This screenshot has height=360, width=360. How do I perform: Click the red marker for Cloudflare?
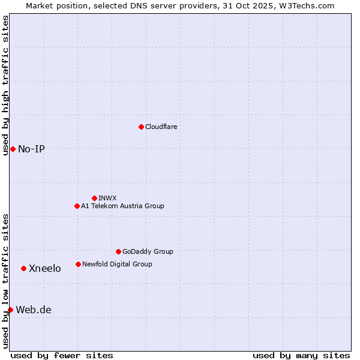(x=141, y=127)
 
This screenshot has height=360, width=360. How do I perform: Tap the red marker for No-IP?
(x=13, y=149)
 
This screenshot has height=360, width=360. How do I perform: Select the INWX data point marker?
(x=94, y=198)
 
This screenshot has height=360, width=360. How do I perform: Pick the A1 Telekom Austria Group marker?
(x=77, y=206)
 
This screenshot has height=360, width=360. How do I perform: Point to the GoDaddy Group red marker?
(x=118, y=251)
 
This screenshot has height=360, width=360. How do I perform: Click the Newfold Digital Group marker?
(x=78, y=264)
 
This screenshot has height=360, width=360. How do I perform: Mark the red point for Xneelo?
(x=23, y=268)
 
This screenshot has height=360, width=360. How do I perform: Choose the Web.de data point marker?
(x=10, y=310)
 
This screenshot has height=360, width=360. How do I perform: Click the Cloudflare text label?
(x=161, y=127)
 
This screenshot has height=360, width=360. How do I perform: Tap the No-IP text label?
(x=31, y=149)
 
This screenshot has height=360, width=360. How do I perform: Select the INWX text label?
(x=107, y=198)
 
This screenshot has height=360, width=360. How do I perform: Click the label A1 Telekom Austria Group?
(x=122, y=206)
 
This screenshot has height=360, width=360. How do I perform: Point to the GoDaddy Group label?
(x=148, y=251)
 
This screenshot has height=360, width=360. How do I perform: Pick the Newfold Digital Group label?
(x=117, y=264)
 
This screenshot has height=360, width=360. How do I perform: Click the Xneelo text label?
(x=44, y=268)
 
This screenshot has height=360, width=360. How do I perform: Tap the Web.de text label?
(x=34, y=310)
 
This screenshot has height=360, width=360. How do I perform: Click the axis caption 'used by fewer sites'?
(x=62, y=355)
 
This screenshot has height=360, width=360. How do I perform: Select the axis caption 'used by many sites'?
(x=301, y=355)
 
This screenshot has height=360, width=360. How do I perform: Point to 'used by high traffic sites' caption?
(x=6, y=85)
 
